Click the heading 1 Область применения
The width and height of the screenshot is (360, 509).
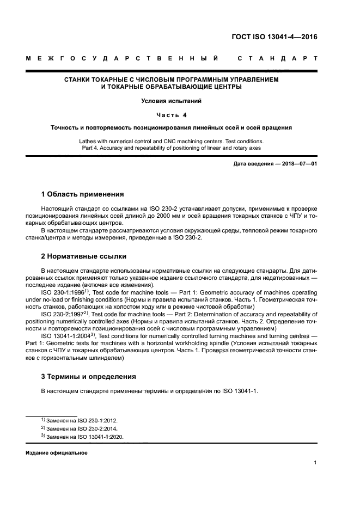tap(82, 194)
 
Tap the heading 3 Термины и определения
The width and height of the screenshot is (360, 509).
tap(89, 377)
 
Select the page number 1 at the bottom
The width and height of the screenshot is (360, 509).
tap(315, 463)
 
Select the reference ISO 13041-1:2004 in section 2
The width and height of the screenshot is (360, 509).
tap(65, 336)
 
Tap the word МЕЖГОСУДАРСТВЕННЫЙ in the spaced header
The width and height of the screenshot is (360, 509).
tap(123, 58)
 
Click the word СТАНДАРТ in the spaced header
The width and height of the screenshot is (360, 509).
tap(278, 58)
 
